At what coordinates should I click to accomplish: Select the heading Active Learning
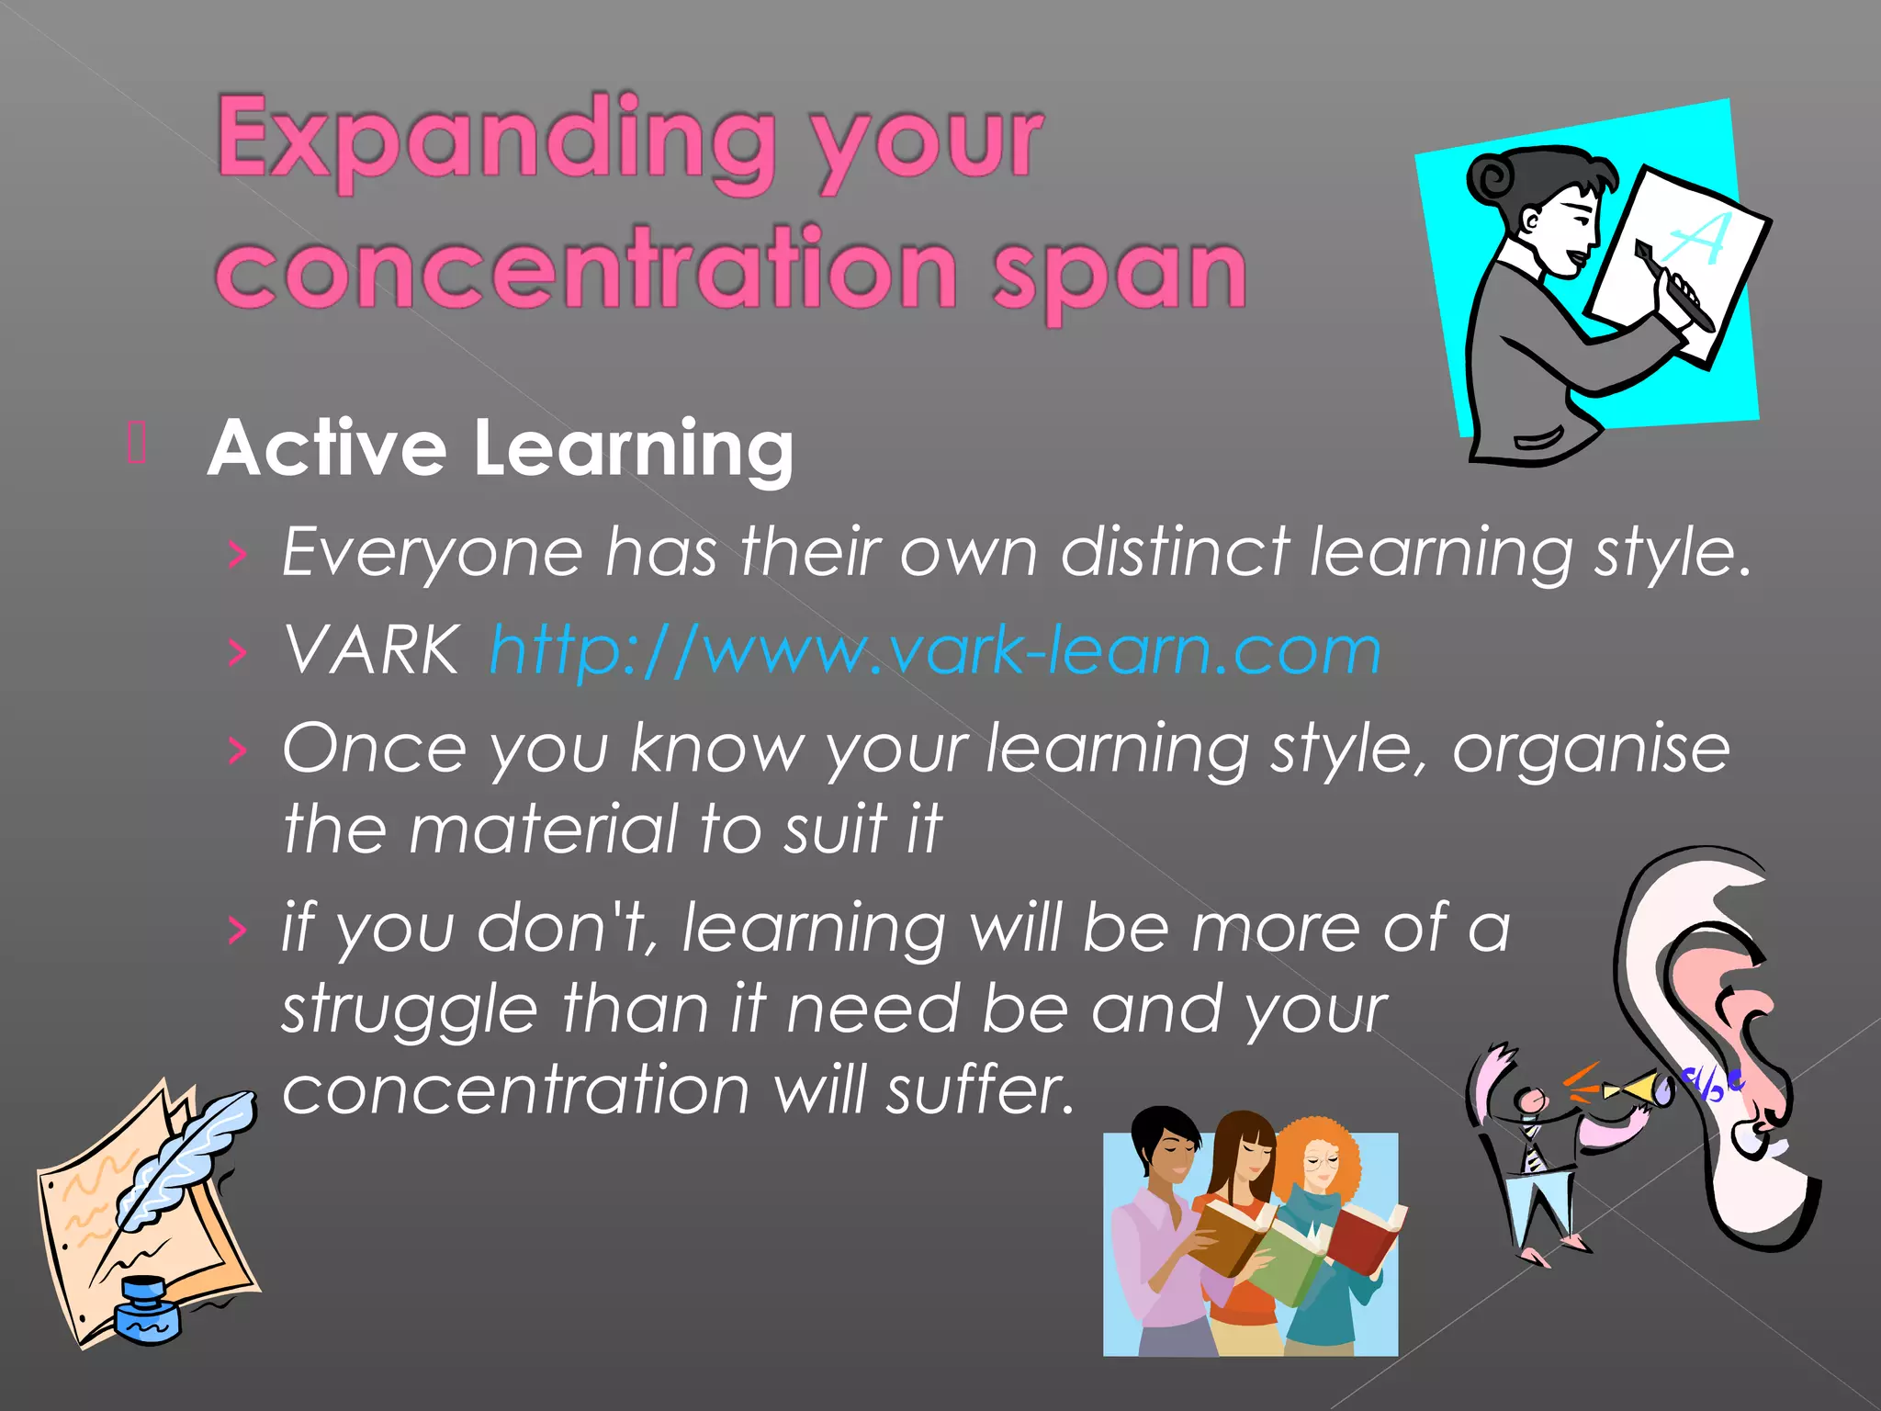501,448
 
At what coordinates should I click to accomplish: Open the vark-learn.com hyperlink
935,650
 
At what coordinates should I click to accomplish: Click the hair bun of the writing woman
1492,179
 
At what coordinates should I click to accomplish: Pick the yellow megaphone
1639,1089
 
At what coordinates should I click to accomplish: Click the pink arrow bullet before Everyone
238,555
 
